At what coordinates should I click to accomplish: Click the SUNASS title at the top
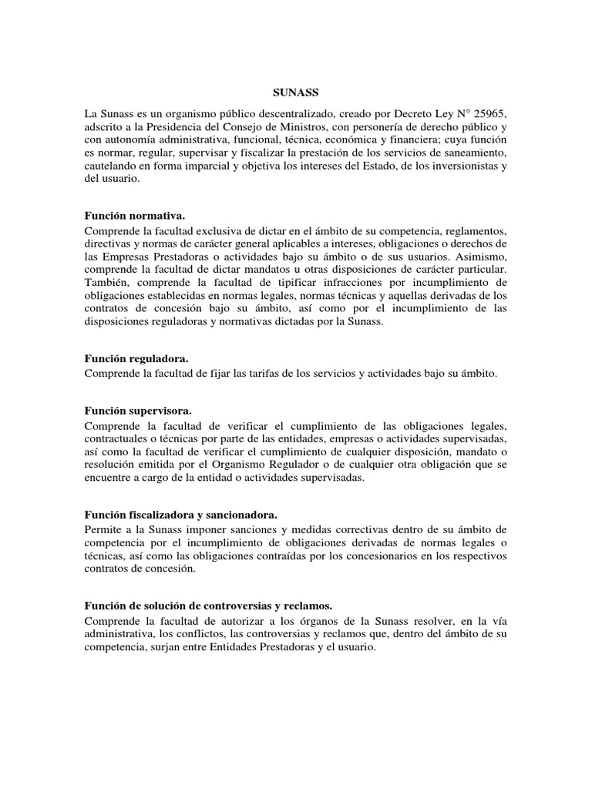(295, 90)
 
